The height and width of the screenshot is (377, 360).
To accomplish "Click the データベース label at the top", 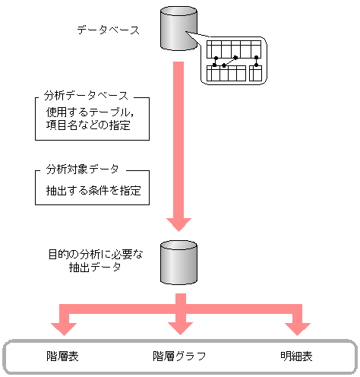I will coord(108,30).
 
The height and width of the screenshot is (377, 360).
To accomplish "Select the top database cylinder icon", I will coord(178,29).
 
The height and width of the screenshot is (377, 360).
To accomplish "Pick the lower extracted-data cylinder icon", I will coord(178,263).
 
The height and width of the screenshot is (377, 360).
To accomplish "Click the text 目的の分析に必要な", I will coord(87,252).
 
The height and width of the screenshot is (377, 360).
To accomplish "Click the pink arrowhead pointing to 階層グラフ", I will coord(178,326).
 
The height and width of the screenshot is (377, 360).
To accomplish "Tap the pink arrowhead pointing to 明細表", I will coord(296,326).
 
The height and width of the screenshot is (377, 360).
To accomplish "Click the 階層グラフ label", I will coord(179,356).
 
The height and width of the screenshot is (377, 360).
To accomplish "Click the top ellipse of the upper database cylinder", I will coord(178,14).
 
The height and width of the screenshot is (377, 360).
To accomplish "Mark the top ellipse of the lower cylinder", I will coord(178,247).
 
